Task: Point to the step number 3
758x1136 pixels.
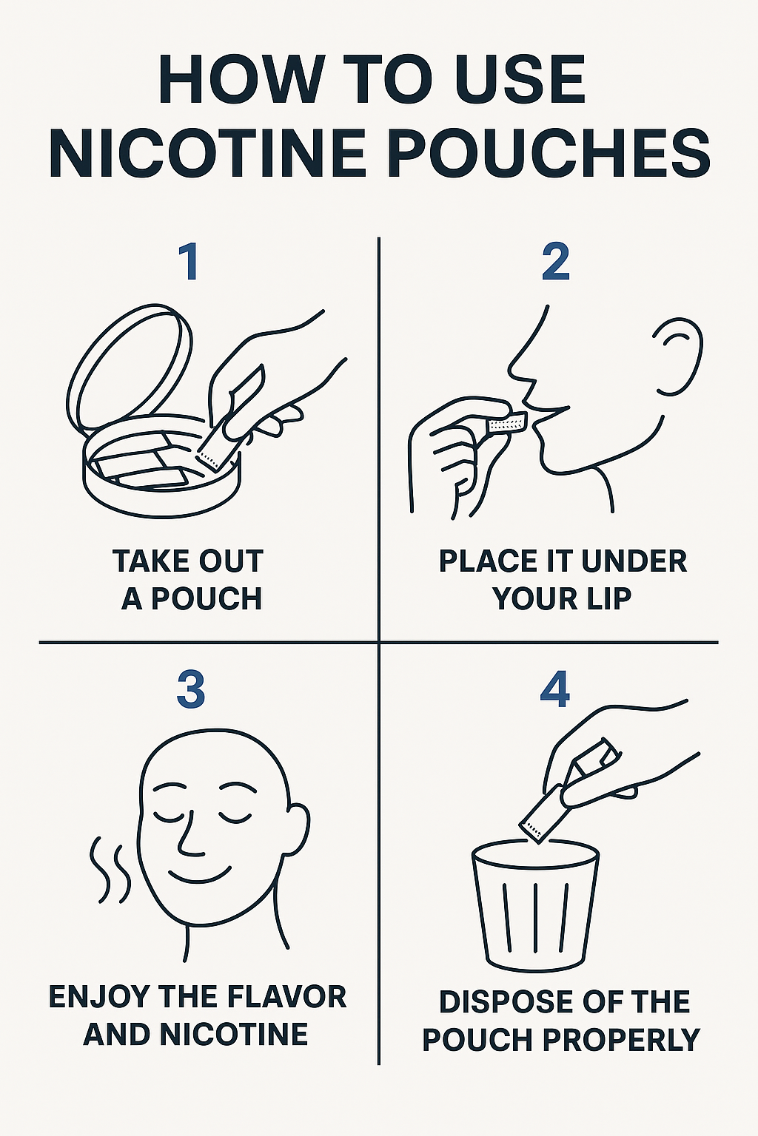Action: (191, 692)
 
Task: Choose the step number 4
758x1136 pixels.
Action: (555, 692)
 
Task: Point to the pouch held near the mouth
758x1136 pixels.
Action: (506, 424)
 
